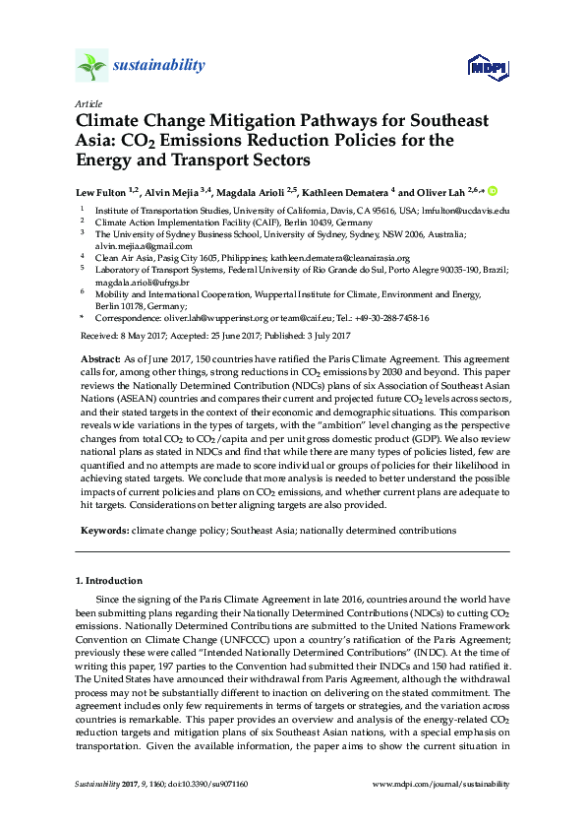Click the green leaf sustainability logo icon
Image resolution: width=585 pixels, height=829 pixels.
pyautogui.click(x=91, y=67)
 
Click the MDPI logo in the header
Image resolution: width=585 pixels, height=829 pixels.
pyautogui.click(x=488, y=67)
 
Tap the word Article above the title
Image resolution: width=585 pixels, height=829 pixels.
pyautogui.click(x=87, y=102)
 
